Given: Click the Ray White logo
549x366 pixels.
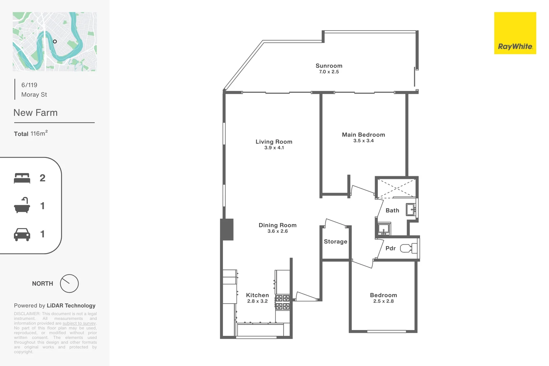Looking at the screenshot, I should pyautogui.click(x=515, y=33).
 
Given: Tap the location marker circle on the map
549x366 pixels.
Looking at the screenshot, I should pyautogui.click(x=55, y=41).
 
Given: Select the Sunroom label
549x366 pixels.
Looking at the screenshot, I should pyautogui.click(x=329, y=66).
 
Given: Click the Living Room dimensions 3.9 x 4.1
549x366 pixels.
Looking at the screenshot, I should pyautogui.click(x=274, y=148).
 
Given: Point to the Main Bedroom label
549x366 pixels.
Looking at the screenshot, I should pyautogui.click(x=363, y=135).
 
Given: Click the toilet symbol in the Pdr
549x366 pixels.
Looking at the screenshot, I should pyautogui.click(x=406, y=248).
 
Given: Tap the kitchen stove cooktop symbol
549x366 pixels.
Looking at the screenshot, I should pyautogui.click(x=282, y=302).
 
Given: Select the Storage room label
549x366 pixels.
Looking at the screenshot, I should pyautogui.click(x=335, y=242).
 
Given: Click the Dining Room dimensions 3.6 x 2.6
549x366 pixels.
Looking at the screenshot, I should pyautogui.click(x=278, y=231).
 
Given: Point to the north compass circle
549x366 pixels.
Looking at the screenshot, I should pyautogui.click(x=69, y=284).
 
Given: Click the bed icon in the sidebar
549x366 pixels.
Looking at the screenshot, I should pyautogui.click(x=22, y=178).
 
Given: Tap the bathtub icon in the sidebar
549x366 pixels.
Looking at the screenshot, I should pyautogui.click(x=22, y=206).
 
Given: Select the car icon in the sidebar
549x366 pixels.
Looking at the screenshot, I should pyautogui.click(x=22, y=234).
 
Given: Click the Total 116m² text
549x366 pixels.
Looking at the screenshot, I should pyautogui.click(x=31, y=134).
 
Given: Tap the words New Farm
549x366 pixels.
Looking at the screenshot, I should pyautogui.click(x=36, y=113).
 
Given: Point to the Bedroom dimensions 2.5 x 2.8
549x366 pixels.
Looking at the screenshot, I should pyautogui.click(x=383, y=301).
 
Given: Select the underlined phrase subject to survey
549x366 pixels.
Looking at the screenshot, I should pyautogui.click(x=79, y=323).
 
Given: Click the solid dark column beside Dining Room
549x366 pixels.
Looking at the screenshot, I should pyautogui.click(x=227, y=229).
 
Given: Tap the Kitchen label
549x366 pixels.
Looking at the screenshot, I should pyautogui.click(x=257, y=295).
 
